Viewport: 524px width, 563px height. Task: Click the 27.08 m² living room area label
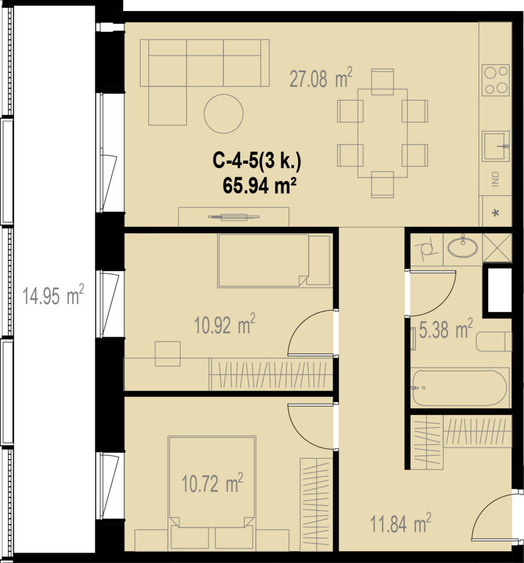coord(321,78)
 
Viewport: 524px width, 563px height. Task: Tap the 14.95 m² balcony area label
coord(53,295)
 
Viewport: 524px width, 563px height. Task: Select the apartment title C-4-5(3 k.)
coord(257,162)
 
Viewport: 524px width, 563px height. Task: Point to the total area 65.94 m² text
coord(260,186)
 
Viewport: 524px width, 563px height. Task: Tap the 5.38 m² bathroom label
coord(446,329)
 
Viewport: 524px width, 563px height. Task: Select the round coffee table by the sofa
coord(224,114)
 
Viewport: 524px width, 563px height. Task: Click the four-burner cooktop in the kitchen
coord(496,80)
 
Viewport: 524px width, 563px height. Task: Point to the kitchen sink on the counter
coord(496,146)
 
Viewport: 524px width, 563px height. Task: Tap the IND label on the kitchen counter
coord(495,179)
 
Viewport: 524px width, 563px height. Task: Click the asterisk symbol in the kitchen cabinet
coord(496,213)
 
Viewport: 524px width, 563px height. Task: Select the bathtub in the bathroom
coord(460,388)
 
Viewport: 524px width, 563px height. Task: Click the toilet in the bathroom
coord(494,341)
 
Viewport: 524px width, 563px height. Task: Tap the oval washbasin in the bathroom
coord(463,247)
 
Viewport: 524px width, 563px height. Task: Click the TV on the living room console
coord(234,217)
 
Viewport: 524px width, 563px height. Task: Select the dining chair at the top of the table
coord(382,82)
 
